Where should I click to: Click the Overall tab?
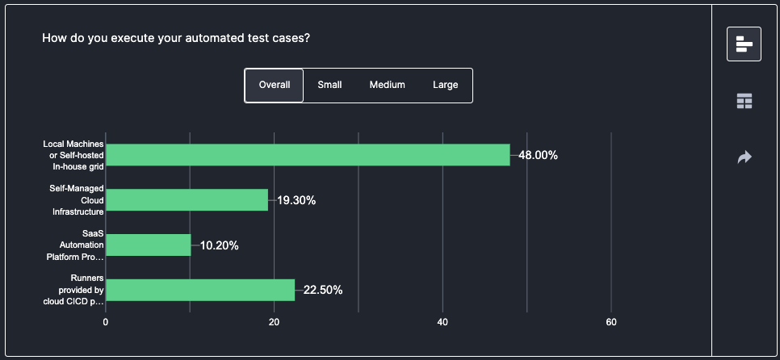tap(275, 85)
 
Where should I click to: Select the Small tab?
tap(329, 85)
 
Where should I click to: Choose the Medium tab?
tap(388, 85)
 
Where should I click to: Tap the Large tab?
tap(445, 85)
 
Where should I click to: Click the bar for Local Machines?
tap(308, 155)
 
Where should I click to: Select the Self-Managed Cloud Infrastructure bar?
tap(187, 200)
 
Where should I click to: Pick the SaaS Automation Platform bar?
tap(149, 245)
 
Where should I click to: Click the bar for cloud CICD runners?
tap(200, 290)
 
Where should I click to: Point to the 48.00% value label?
tap(538, 155)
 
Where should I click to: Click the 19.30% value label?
tap(296, 200)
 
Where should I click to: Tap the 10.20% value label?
tap(219, 245)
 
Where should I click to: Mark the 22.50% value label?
tap(323, 290)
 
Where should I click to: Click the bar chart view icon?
tap(744, 44)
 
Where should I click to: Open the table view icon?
tap(744, 101)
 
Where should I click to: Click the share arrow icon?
tap(744, 157)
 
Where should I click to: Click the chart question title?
tap(176, 38)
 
